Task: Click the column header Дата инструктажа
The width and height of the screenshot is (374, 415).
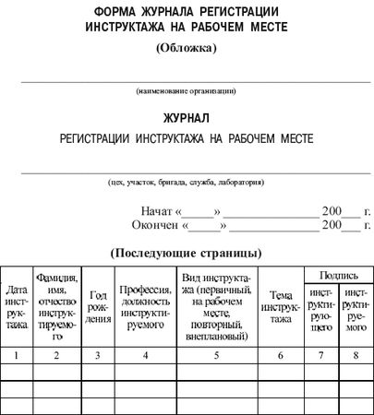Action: click(17, 306)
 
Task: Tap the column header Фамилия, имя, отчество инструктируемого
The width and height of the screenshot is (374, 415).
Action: click(57, 306)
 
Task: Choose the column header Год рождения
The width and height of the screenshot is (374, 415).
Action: click(98, 307)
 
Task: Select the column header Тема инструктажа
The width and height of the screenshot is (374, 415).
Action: click(281, 306)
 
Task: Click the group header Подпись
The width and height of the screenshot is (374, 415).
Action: click(333, 274)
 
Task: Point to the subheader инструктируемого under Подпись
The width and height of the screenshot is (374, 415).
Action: click(355, 313)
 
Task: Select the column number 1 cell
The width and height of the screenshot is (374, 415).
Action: click(17, 354)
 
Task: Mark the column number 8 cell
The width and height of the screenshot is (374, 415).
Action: click(355, 354)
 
